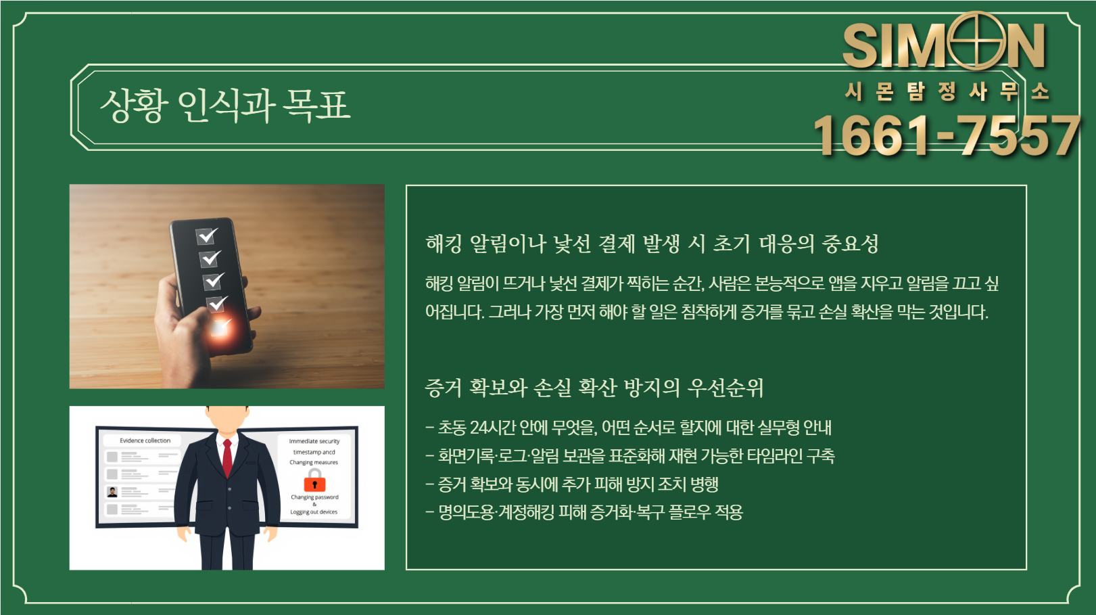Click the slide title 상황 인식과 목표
click(x=225, y=106)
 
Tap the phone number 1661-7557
click(x=946, y=135)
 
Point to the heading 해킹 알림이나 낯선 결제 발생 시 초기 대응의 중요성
click(x=652, y=244)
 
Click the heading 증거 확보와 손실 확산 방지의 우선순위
click(x=594, y=388)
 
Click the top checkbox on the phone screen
click(x=207, y=235)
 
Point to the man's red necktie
click(x=227, y=457)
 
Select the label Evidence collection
click(x=145, y=440)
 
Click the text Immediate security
click(x=314, y=441)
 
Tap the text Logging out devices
click(x=314, y=512)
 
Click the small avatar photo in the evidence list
click(x=112, y=492)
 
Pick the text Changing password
click(x=314, y=497)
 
